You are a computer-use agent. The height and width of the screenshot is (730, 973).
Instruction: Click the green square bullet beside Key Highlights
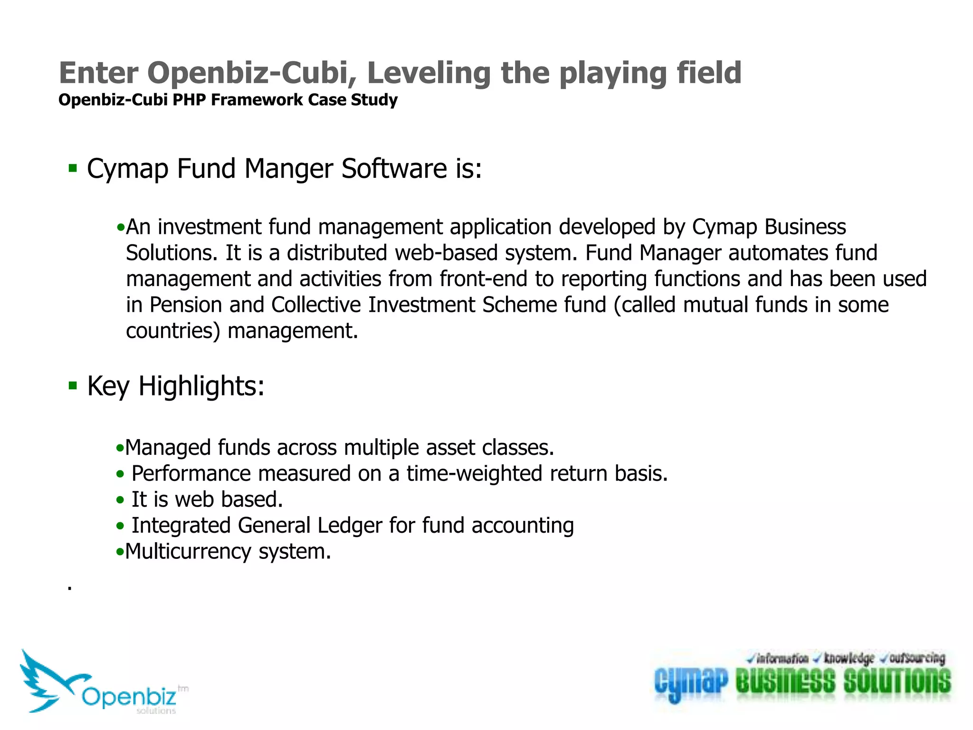click(x=73, y=385)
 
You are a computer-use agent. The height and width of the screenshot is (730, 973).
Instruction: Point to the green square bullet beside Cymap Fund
click(x=73, y=168)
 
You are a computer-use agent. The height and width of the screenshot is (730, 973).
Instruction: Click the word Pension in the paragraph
click(x=186, y=305)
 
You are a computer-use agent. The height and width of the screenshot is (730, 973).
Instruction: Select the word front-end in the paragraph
click(x=483, y=279)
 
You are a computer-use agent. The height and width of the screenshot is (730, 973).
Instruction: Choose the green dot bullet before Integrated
click(x=120, y=526)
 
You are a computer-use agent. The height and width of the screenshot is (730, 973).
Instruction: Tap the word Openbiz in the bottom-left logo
click(x=129, y=697)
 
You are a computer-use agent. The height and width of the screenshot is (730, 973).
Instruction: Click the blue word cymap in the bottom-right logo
click(x=691, y=682)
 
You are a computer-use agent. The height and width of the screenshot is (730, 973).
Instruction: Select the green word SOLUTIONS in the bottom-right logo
click(x=897, y=681)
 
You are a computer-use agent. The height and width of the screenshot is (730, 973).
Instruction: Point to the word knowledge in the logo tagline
click(x=849, y=659)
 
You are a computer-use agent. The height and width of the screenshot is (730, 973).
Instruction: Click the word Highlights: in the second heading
click(x=201, y=386)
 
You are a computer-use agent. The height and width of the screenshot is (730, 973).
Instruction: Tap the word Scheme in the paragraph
click(x=519, y=305)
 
